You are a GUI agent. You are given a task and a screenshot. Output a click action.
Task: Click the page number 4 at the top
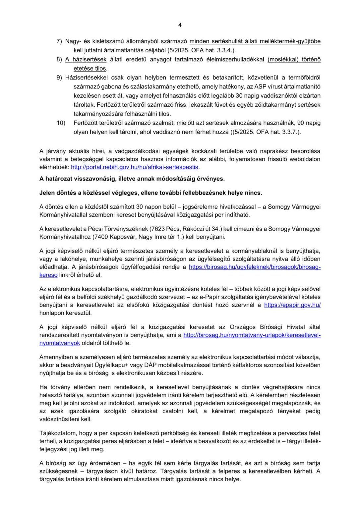[x=180, y=25]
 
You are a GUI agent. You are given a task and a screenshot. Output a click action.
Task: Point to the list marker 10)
[x=61, y=123]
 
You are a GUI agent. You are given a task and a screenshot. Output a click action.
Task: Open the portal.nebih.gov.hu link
[x=135, y=167]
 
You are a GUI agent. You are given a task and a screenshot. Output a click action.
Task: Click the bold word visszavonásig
[x=90, y=179]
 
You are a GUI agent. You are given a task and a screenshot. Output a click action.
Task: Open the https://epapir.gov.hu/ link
[x=292, y=305]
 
